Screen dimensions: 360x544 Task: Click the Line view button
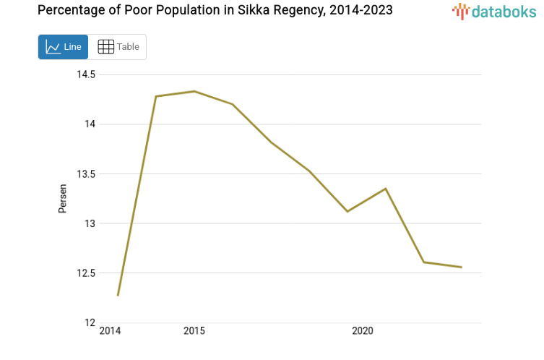pos(63,47)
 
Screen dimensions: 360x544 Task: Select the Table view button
pos(118,47)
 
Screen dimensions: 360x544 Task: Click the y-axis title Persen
pos(63,198)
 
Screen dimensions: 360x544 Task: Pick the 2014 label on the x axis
pos(110,331)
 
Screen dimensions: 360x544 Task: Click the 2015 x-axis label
pos(194,331)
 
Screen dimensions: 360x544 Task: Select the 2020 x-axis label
pos(362,331)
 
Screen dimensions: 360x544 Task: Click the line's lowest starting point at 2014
pos(118,295)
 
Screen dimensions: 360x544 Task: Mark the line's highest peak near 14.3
pos(194,91)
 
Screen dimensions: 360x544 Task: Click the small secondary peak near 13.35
pos(385,189)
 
